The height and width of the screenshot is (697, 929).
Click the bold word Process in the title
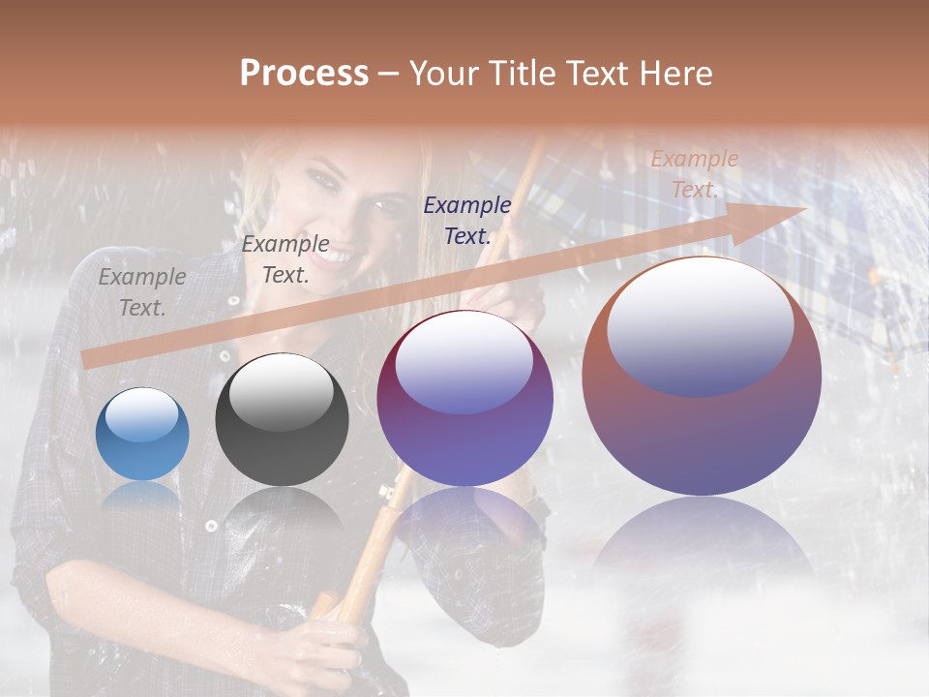pos(304,74)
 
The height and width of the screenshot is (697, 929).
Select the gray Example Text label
pos(141,292)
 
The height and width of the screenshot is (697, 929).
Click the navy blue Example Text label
pos(467,220)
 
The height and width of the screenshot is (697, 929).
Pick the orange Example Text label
pos(695,174)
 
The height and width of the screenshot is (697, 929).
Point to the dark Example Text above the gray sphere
pos(285,259)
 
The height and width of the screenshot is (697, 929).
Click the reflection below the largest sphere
pos(702,542)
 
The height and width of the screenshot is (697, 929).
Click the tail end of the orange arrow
pos(87,359)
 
